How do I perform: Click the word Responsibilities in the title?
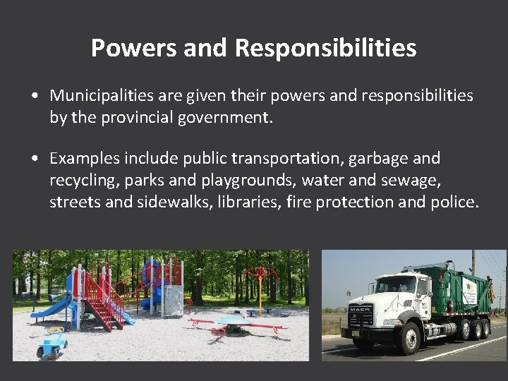tap(326, 48)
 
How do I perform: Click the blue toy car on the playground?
tap(52, 344)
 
